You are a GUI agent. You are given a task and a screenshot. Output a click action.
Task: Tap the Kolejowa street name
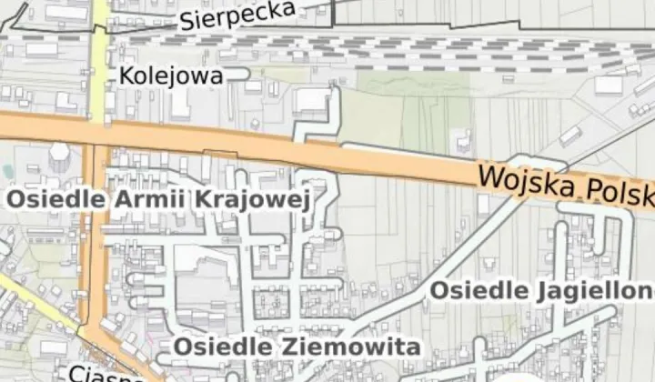170,76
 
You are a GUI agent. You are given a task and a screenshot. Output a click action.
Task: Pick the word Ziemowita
360,347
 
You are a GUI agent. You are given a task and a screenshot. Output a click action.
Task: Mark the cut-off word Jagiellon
592,291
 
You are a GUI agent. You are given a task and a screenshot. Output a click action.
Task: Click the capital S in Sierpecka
187,21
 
